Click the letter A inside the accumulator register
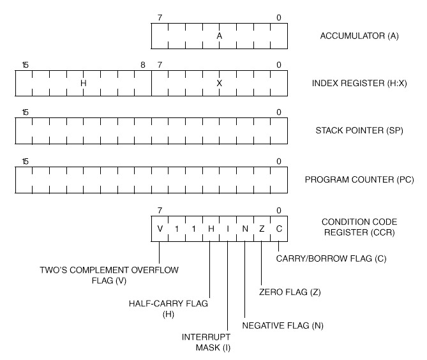[219, 36]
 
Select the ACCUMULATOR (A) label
[359, 36]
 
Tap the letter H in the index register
[83, 83]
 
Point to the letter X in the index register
[219, 83]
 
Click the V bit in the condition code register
[160, 229]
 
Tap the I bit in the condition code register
[228, 229]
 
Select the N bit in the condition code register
[245, 229]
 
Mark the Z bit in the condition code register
[262, 229]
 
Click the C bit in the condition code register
[279, 229]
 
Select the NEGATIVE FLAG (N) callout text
[283, 326]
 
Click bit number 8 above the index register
[143, 65]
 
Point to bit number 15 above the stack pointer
[25, 113]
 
